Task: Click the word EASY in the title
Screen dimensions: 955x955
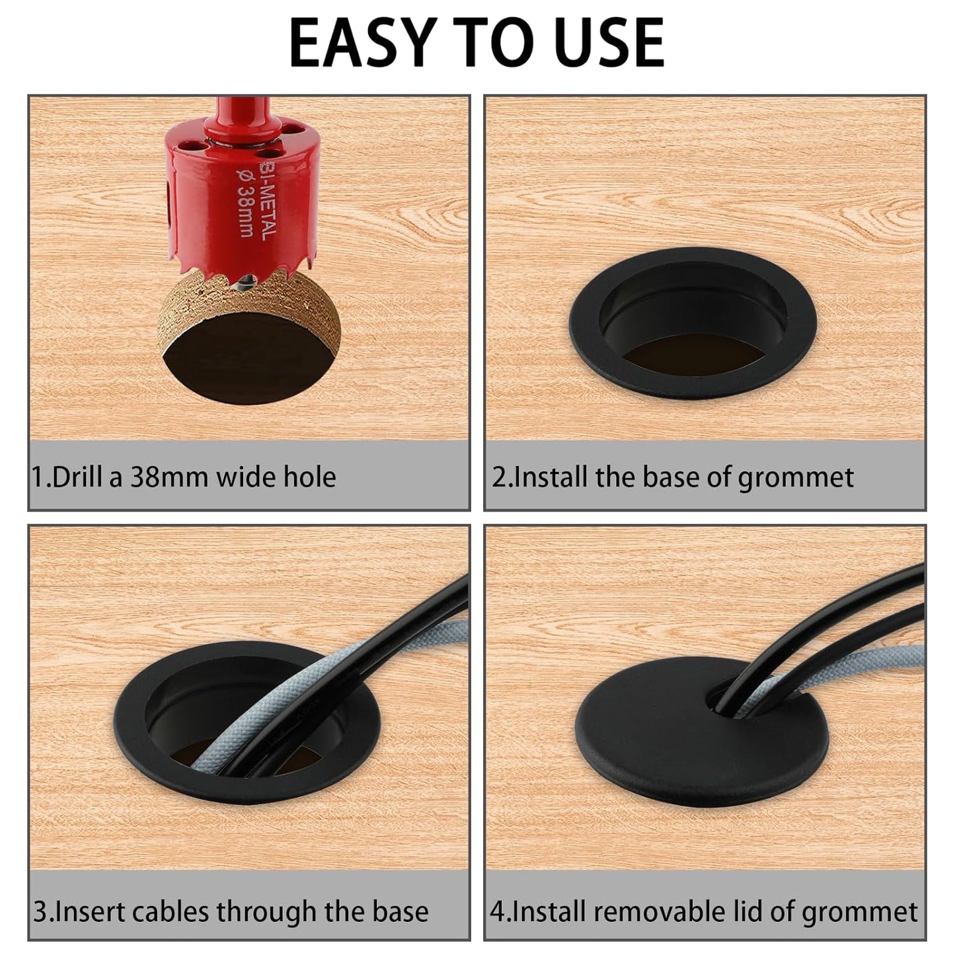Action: [356, 43]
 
